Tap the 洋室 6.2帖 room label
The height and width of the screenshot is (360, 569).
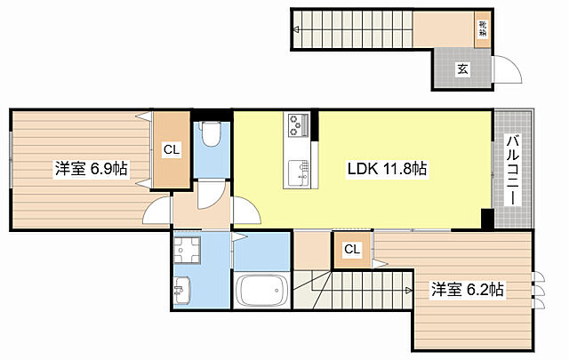pyautogui.click(x=468, y=289)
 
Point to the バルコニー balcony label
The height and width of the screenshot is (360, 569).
pyautogui.click(x=513, y=169)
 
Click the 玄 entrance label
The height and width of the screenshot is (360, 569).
pyautogui.click(x=462, y=68)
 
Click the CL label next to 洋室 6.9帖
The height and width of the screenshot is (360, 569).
pyautogui.click(x=171, y=150)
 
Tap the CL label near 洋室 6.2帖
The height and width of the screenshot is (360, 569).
pyautogui.click(x=352, y=250)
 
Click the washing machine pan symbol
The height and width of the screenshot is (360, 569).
pyautogui.click(x=188, y=251)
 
